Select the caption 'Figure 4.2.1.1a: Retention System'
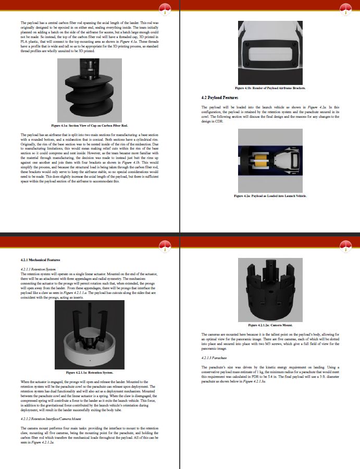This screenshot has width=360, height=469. (x=90, y=373)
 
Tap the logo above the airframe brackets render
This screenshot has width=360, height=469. (x=345, y=9)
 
